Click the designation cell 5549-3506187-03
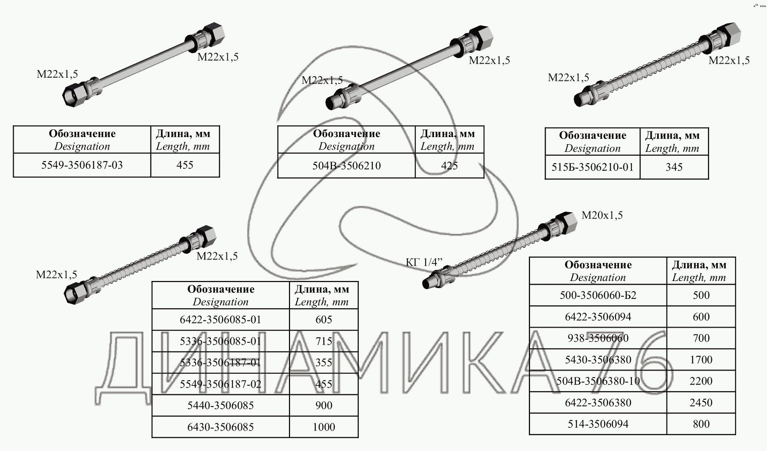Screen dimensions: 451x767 (x=82, y=165)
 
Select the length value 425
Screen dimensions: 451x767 (x=449, y=166)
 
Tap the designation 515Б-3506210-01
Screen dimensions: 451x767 (x=593, y=167)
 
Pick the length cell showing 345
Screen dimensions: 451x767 (x=674, y=167)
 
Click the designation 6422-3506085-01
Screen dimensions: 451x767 (x=221, y=320)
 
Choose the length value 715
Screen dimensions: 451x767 (x=324, y=341)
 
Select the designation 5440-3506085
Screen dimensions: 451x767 (x=221, y=406)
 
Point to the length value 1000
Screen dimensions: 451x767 (x=324, y=427)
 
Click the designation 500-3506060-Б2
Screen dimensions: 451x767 (x=598, y=295)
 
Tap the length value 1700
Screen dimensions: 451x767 (x=701, y=360)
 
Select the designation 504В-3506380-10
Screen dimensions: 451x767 (x=598, y=381)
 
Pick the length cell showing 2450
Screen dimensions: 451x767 (x=701, y=403)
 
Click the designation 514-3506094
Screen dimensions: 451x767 (x=598, y=424)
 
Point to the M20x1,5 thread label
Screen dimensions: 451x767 (x=602, y=215)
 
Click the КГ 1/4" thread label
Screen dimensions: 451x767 (x=424, y=262)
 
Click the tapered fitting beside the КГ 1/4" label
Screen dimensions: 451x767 (x=430, y=282)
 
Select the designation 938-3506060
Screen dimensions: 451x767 (x=598, y=338)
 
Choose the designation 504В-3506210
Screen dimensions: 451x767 (x=346, y=166)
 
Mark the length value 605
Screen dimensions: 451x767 (x=324, y=320)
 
